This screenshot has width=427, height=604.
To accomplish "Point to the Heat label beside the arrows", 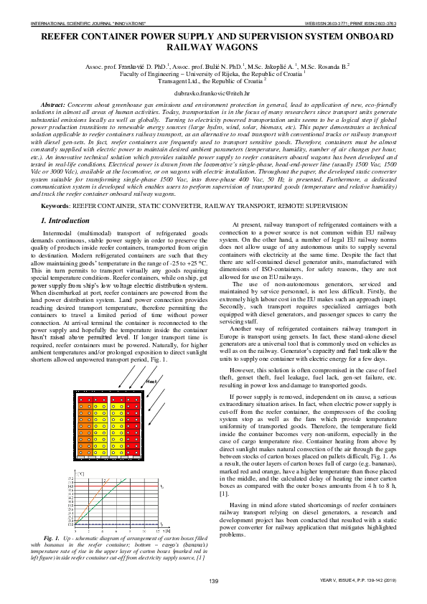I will coord(151,382).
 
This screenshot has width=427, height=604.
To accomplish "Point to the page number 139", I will coord(213,600).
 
